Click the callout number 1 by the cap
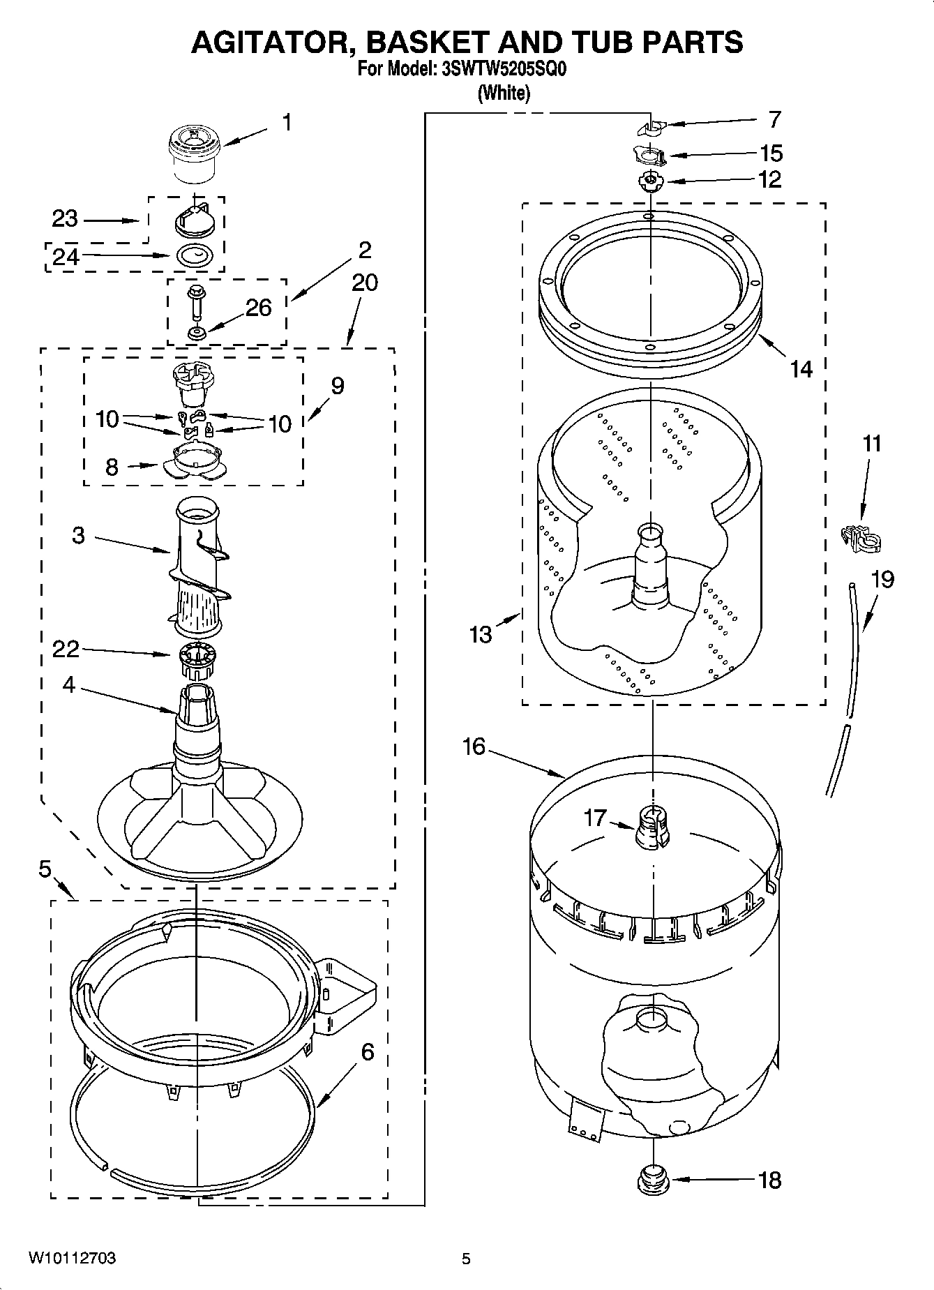coord(286,122)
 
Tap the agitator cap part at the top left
coord(195,153)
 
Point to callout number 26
coord(258,308)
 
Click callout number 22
coord(66,649)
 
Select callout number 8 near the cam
coord(112,467)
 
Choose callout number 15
coord(771,153)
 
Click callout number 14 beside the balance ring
coord(801,368)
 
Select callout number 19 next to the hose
coord(882,579)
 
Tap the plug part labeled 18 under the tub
coord(653,1180)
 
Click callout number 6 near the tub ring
coord(367,1051)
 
